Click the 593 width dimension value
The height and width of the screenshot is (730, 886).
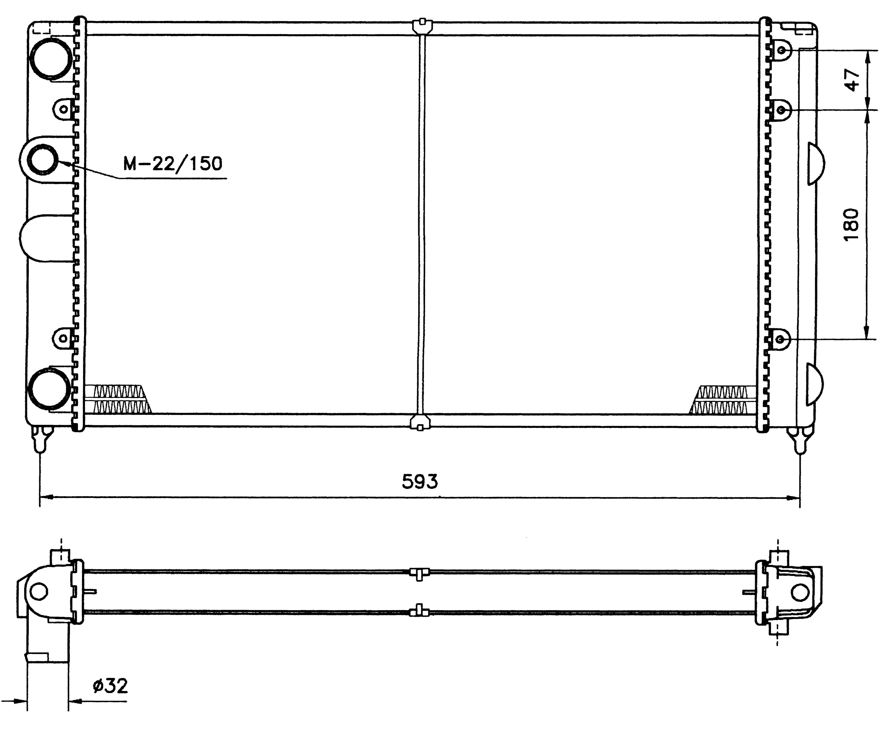click(419, 482)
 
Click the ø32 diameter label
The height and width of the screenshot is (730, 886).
click(110, 686)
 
